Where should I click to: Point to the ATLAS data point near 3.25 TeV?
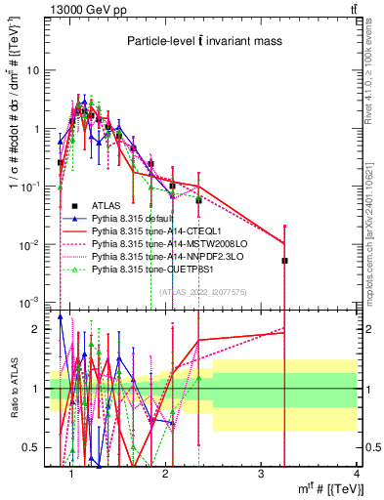[x=285, y=261]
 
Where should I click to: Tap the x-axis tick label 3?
[x=261, y=476]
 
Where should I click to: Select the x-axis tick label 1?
[x=71, y=476]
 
